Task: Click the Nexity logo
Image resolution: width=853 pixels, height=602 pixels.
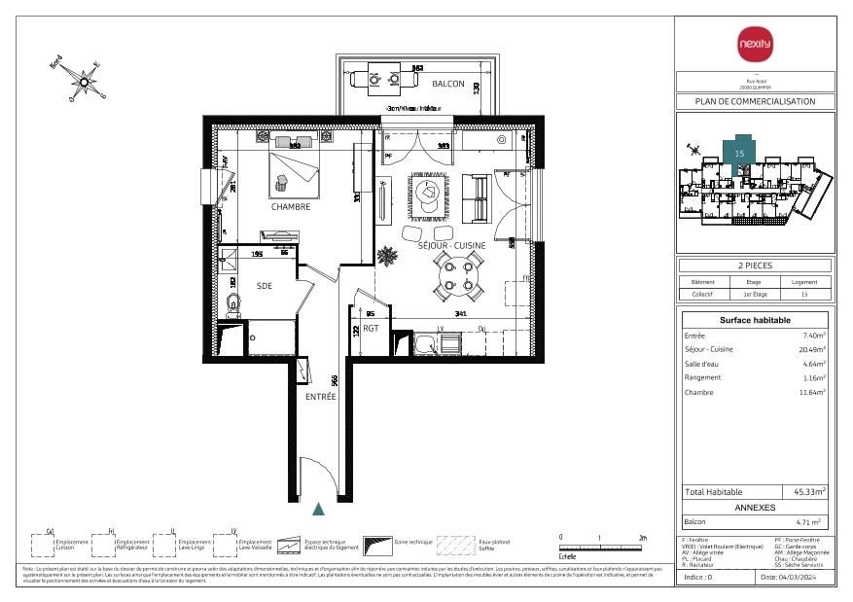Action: pos(755,44)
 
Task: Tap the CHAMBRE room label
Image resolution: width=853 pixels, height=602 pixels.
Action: pos(291,207)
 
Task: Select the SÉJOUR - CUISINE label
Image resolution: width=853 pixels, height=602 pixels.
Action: pos(451,245)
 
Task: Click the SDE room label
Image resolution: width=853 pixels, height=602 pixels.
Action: pos(265,287)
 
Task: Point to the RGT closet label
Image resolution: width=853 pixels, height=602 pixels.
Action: pos(371,329)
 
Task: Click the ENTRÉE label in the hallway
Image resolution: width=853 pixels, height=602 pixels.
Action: pos(320,397)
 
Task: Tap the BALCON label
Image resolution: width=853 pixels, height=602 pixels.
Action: pos(448,84)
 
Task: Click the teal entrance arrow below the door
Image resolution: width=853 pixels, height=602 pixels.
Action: pos(318,508)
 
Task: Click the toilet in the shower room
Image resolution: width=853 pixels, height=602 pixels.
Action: pos(232,304)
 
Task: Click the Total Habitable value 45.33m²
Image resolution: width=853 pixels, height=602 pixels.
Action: pos(809,492)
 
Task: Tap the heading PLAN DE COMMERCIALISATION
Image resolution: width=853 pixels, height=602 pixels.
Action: pos(755,101)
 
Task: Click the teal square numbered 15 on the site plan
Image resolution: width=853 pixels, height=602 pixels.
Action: pos(739,152)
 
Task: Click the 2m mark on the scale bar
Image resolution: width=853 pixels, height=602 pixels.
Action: pos(643,537)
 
